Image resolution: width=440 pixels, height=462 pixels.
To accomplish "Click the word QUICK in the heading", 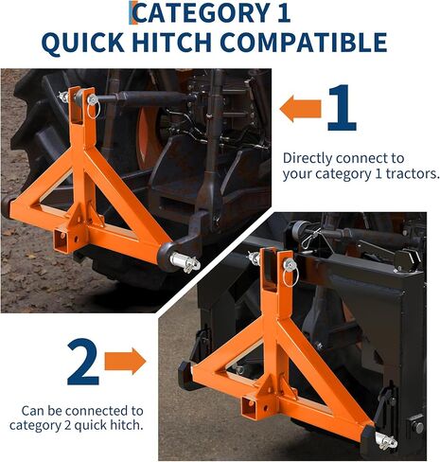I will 105,43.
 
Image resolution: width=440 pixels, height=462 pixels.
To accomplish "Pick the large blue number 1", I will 340,110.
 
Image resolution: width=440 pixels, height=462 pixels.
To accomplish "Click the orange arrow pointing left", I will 300,108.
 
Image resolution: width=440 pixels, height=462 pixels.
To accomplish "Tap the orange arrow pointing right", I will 126,360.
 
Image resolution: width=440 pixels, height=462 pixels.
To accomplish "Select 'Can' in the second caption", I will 31,410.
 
